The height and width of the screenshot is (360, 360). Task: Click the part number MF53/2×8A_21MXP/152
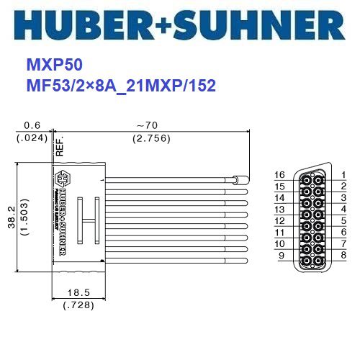pyautogui.click(x=121, y=85)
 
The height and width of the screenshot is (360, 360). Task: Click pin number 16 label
pyautogui.click(x=280, y=175)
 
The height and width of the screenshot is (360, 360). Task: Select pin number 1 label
pyautogui.click(x=344, y=175)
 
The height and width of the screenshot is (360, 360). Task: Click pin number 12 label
pyautogui.click(x=280, y=220)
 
